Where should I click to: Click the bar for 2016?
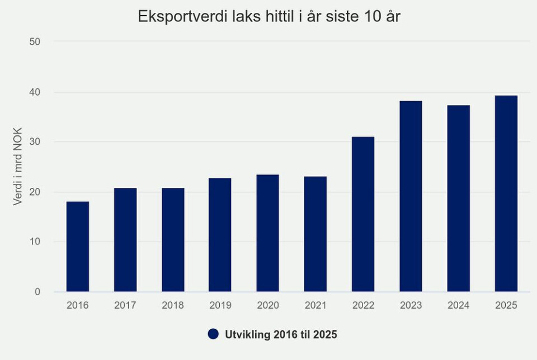point(77,247)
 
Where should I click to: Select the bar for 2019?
point(220,235)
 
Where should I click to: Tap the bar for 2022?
point(363,214)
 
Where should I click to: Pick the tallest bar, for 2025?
point(506,193)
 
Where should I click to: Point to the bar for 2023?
point(411,196)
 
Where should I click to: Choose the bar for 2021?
point(315,234)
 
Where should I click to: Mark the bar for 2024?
point(458,198)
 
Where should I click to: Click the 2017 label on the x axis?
point(125,305)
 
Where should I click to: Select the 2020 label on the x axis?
point(268,305)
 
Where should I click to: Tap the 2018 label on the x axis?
point(172,305)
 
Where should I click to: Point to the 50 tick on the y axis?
point(35,42)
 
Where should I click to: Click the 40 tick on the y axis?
point(35,92)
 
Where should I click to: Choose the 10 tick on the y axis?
point(35,242)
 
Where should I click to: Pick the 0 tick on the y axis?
point(37,292)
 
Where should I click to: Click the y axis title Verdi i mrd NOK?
point(18,167)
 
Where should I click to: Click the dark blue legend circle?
point(213,334)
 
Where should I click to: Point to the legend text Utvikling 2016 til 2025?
point(281,334)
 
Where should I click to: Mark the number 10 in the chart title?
point(372,17)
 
